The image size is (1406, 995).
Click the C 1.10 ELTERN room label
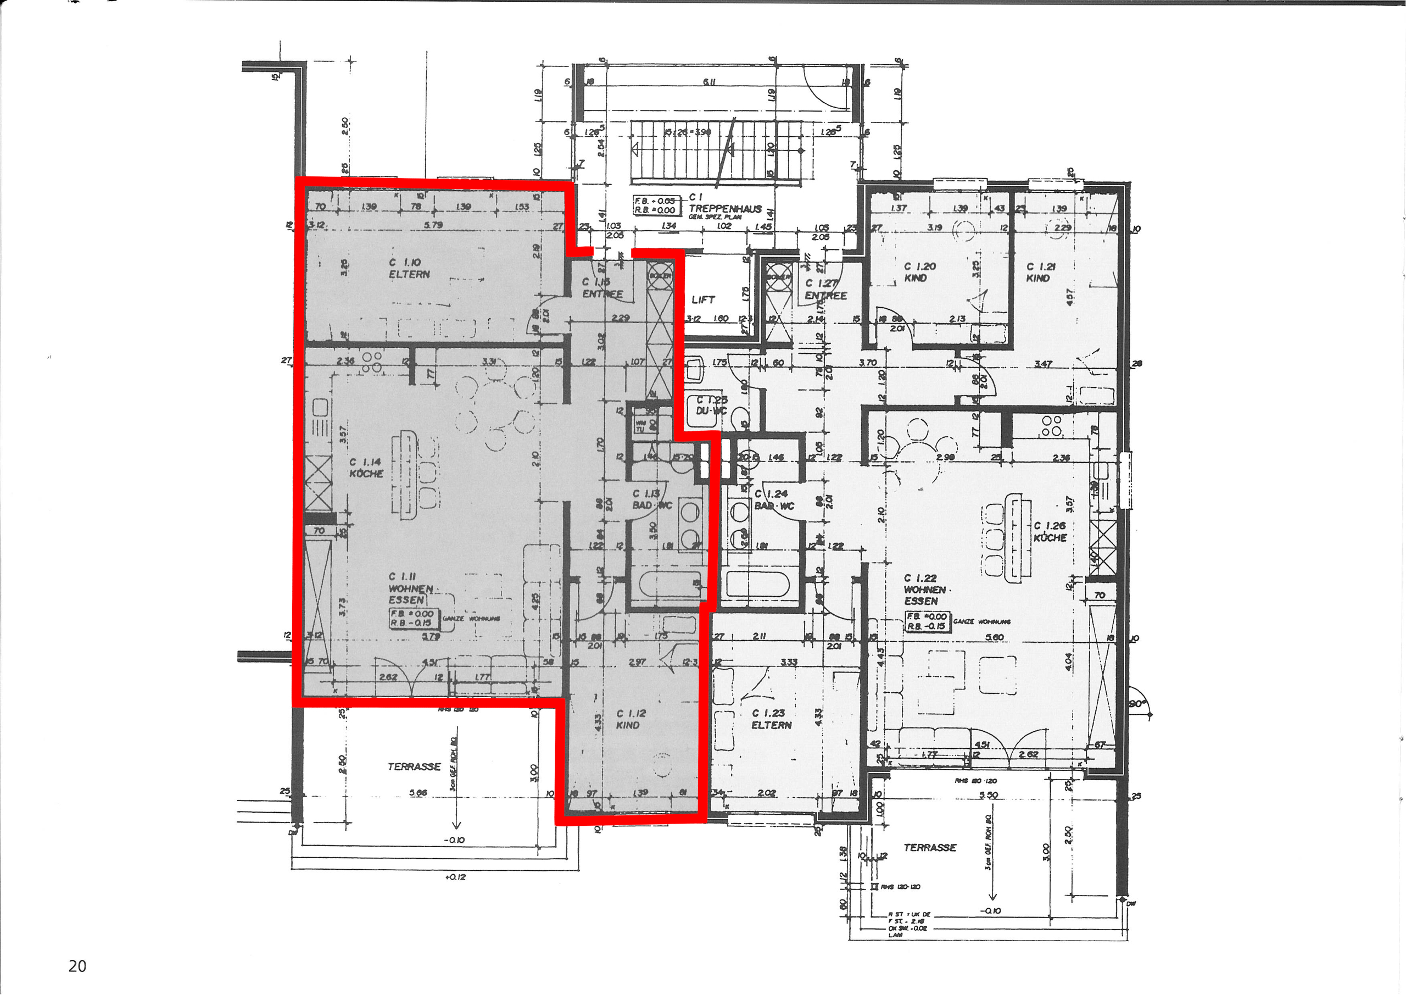coord(409,268)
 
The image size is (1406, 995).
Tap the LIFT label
coord(703,299)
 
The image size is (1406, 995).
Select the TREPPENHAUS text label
coord(725,208)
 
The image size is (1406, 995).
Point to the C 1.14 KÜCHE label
coord(366,468)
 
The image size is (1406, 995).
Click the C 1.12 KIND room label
coord(631,719)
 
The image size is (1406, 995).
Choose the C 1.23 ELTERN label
coord(771,719)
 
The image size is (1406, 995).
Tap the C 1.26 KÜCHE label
coord(1050,531)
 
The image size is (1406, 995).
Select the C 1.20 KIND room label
coord(919,271)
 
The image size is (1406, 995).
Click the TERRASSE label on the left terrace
coord(414,766)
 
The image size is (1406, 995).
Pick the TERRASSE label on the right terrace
coord(930,847)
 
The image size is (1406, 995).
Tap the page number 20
coord(77,966)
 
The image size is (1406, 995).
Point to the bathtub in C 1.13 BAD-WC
coord(667,586)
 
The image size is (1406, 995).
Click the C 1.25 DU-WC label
coord(710,405)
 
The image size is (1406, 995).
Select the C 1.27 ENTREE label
coord(825,289)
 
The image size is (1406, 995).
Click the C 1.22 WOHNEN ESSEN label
coord(925,589)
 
